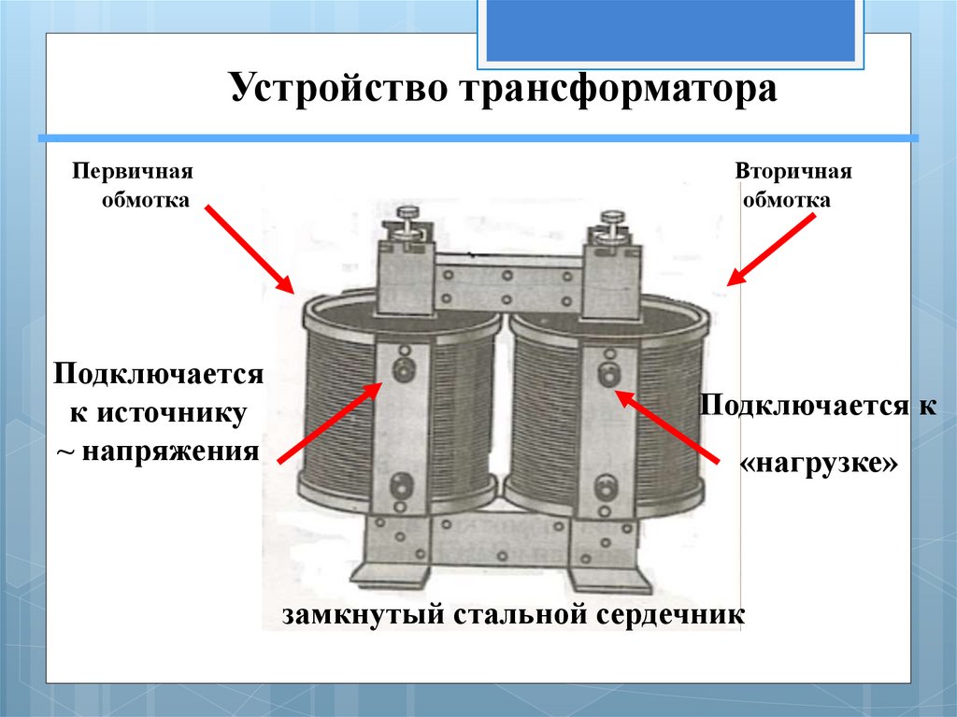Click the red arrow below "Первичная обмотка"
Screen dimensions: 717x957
pos(248,248)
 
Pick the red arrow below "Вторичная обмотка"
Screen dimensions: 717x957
pos(772,250)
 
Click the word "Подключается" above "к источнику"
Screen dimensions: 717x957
pos(155,374)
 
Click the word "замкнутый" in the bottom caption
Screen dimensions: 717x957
pos(360,615)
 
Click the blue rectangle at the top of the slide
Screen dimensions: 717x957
pos(669,31)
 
